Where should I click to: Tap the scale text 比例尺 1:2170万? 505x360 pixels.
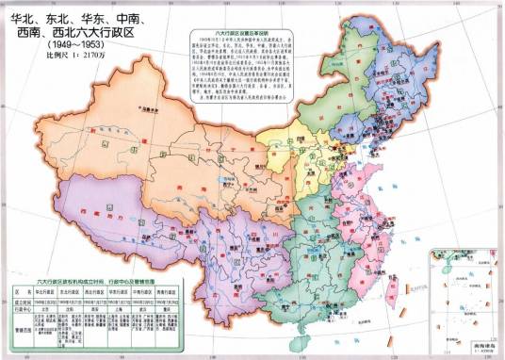pyautogui.click(x=59, y=57)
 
